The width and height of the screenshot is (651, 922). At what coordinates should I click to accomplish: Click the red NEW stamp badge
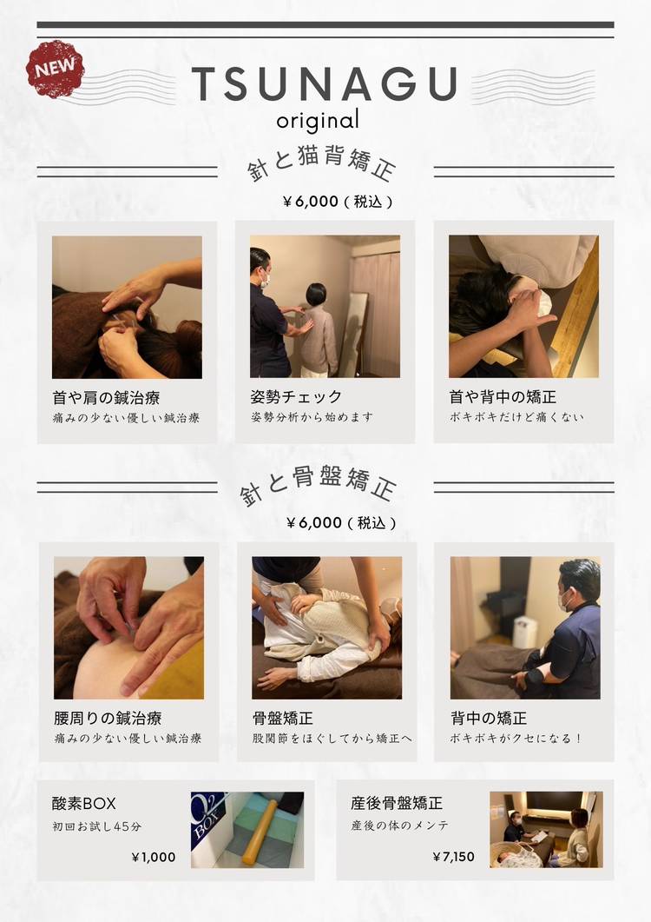pos(55,69)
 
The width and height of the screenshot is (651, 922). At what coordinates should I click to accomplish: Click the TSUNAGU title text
pos(325,84)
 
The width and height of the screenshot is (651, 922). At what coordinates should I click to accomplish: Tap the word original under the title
pos(318,121)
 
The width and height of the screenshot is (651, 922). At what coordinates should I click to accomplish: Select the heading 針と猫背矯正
pos(321,165)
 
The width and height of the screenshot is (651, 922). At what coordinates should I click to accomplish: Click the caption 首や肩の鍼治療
pos(106,398)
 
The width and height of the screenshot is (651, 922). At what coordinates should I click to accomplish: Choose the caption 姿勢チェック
pos(295,397)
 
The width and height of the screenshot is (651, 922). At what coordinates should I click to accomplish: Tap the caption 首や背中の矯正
pos(503,397)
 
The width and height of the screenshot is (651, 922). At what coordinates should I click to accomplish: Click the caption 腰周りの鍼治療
pos(108,718)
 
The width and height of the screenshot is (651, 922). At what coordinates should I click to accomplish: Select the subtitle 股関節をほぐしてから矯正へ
pos(332,738)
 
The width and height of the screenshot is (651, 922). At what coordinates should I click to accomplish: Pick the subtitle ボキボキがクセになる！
pos(516,738)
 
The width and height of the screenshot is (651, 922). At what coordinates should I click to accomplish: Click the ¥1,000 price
pos(154,858)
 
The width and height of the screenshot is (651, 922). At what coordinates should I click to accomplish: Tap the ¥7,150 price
pos(453,857)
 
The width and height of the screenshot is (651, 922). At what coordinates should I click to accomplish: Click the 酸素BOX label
pos(84,803)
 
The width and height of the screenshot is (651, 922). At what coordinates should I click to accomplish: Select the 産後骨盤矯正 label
pos(397,803)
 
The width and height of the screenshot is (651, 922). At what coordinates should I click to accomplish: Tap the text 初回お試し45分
pos(97,826)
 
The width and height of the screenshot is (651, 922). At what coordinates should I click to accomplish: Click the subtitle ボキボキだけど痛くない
pos(516,417)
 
